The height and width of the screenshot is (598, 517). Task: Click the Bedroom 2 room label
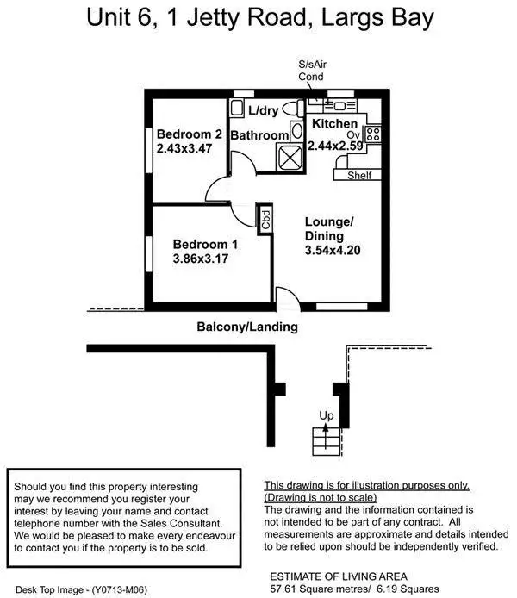click(190, 134)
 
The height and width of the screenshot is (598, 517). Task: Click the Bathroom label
click(258, 136)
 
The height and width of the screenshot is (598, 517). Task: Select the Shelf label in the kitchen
click(358, 176)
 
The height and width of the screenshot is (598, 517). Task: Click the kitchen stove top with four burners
click(374, 134)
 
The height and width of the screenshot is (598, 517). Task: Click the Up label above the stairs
click(327, 416)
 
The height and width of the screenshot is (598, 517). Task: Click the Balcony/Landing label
click(247, 327)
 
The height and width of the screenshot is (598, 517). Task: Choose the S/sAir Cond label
click(311, 71)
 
